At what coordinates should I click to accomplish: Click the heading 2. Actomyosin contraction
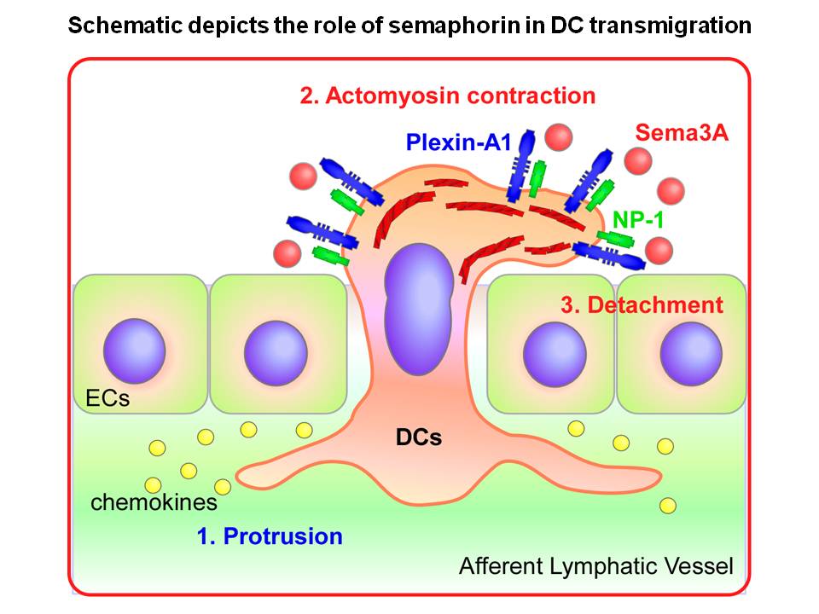click(x=447, y=95)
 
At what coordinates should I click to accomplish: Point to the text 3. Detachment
click(x=642, y=304)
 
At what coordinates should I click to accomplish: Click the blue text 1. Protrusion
click(x=270, y=536)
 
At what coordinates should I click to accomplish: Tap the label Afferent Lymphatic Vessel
click(x=595, y=565)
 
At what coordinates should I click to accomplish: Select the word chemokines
click(x=154, y=501)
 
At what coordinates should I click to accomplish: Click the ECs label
click(x=107, y=397)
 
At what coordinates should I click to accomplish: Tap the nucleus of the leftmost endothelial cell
click(x=134, y=350)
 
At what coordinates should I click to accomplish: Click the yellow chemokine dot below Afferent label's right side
click(x=668, y=506)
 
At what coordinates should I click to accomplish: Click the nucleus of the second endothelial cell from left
click(x=275, y=351)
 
